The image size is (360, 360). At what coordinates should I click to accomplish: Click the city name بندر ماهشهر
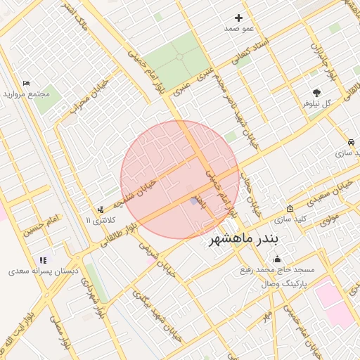tap(243, 241)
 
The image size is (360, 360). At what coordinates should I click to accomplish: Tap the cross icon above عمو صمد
tap(239, 18)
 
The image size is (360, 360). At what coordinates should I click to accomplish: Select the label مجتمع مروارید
tap(25, 94)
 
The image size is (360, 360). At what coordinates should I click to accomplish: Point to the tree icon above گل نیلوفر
tap(317, 92)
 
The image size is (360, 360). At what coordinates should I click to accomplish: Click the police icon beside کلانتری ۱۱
tap(101, 209)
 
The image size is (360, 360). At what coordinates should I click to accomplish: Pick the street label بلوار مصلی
tap(63, 334)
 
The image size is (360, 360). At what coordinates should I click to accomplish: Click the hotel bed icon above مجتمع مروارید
tap(26, 83)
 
